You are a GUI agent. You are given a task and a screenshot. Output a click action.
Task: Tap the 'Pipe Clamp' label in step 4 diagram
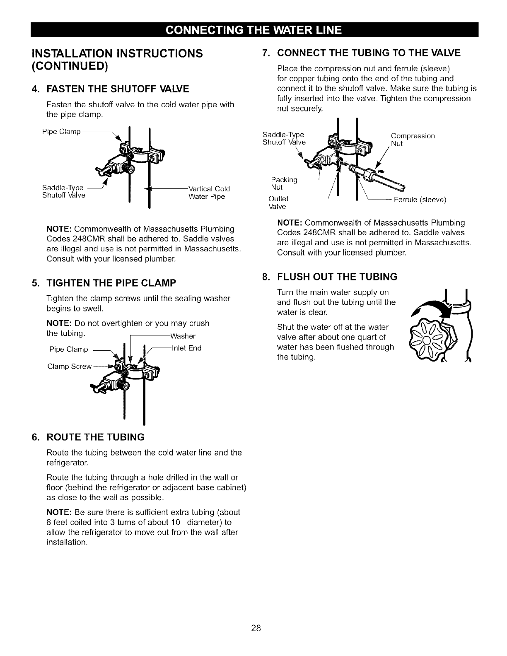(61, 132)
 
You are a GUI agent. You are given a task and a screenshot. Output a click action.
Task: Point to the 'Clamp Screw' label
(69, 367)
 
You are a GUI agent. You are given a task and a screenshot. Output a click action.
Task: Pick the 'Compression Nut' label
(413, 140)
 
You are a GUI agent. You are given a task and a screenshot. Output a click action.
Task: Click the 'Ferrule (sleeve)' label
(420, 200)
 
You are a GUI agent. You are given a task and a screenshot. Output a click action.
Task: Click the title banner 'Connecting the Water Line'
(254, 30)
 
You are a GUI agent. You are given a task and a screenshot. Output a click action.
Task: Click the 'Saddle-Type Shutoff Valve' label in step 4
(63, 192)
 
